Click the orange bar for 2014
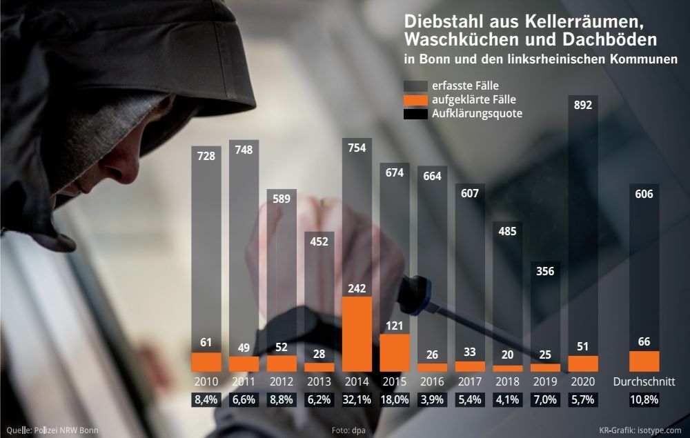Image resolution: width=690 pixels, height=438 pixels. [x=357, y=335]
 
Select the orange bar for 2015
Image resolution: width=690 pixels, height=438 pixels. [x=395, y=352]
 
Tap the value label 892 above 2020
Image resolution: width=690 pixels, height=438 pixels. [x=583, y=105]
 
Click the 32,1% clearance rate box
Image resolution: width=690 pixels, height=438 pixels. [x=357, y=400]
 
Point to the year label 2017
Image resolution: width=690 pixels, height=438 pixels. [x=470, y=381]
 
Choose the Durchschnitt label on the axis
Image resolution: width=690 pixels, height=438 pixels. [x=644, y=381]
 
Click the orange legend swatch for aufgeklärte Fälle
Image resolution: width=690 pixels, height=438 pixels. [x=415, y=100]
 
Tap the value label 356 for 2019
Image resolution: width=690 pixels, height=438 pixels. [x=545, y=271]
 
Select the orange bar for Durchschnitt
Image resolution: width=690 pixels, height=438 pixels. [x=644, y=361]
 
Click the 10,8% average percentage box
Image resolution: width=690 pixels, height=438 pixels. [x=644, y=400]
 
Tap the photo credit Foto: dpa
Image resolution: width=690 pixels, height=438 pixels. [x=348, y=430]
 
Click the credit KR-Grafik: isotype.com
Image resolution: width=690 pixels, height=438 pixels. [x=640, y=430]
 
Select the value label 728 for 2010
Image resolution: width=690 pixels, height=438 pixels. [x=206, y=156]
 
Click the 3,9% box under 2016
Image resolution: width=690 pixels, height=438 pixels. [x=432, y=400]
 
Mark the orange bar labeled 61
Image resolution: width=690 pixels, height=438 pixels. [x=206, y=362]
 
